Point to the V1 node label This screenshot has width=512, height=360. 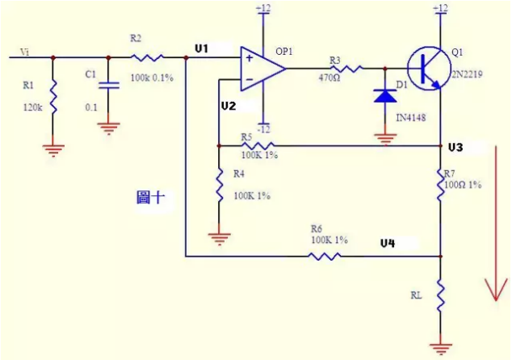202,49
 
